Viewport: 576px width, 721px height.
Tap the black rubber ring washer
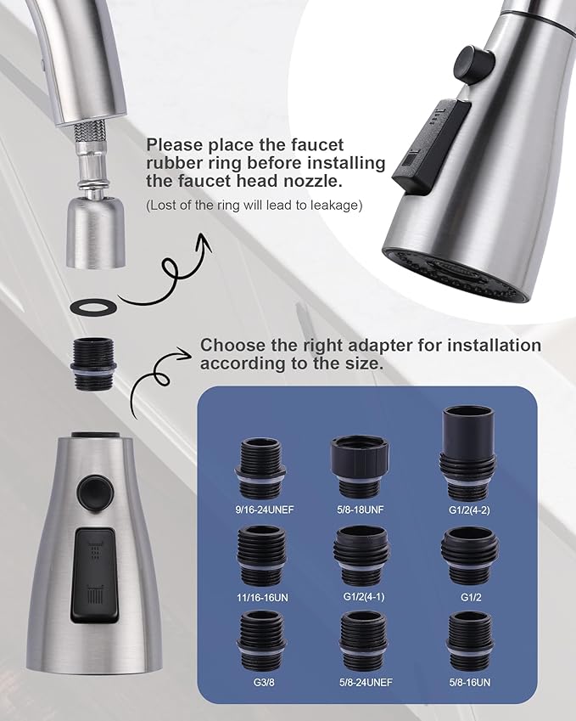90,304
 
